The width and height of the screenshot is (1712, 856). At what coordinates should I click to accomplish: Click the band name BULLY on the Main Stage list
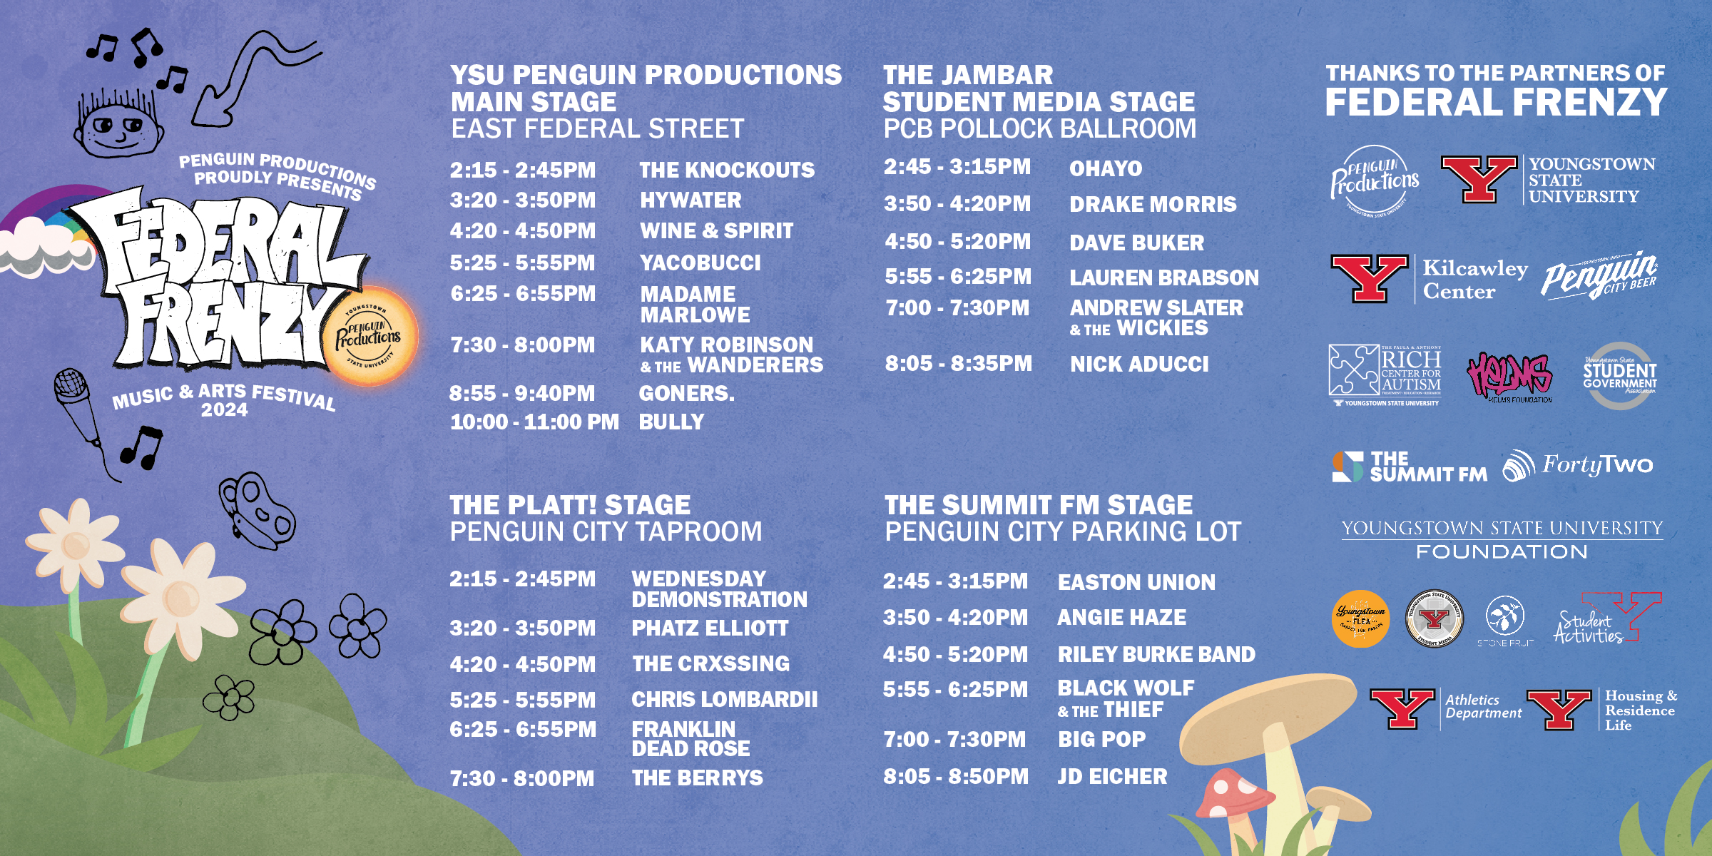click(x=671, y=422)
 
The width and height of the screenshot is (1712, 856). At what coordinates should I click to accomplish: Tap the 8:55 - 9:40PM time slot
click(x=521, y=394)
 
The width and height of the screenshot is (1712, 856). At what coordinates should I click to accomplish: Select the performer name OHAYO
click(x=1105, y=169)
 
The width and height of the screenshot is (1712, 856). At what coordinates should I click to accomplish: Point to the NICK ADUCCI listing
click(x=1139, y=365)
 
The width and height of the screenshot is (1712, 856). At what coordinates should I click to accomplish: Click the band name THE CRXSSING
click(x=710, y=664)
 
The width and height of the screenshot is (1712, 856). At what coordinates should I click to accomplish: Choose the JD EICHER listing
click(x=1112, y=777)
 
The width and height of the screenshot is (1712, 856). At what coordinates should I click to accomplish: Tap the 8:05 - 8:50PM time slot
click(x=956, y=777)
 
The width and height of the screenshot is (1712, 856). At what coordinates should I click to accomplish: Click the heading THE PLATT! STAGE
click(x=569, y=506)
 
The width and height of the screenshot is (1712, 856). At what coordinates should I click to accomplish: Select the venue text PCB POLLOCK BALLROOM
click(x=1039, y=129)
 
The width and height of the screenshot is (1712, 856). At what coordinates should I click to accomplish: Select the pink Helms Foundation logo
click(x=1509, y=377)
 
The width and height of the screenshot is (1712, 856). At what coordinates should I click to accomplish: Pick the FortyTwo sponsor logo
click(x=1577, y=466)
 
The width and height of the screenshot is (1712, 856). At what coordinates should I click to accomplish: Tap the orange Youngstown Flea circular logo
click(x=1360, y=618)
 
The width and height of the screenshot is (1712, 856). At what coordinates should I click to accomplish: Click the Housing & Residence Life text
click(x=1640, y=710)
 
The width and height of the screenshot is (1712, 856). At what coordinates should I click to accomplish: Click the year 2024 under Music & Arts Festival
click(x=224, y=410)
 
